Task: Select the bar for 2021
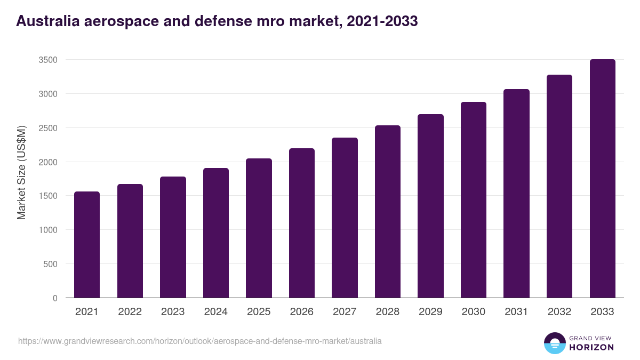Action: click(87, 245)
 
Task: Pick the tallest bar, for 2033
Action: click(602, 179)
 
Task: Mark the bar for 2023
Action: click(173, 237)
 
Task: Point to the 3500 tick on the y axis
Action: click(48, 60)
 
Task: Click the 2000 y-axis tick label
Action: click(48, 162)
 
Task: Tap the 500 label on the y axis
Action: click(50, 264)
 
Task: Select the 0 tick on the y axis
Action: click(54, 298)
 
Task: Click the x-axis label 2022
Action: click(130, 312)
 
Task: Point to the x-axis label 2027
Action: click(345, 312)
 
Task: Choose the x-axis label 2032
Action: click(559, 312)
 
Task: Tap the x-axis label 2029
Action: click(430, 312)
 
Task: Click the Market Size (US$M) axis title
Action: click(21, 172)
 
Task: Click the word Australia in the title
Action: click(47, 21)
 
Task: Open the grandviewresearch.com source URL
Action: click(200, 341)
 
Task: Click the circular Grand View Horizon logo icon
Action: click(555, 343)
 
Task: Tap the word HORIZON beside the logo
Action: click(591, 347)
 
